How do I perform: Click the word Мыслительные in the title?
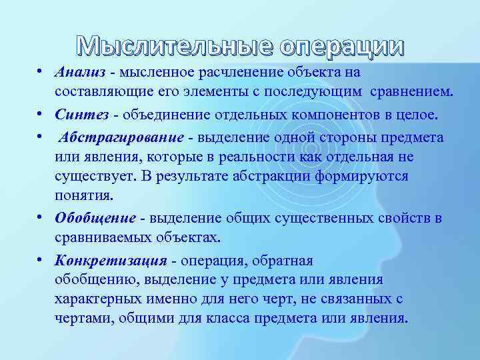point(175,45)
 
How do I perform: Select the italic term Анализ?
point(81,71)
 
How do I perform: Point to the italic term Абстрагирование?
point(121,137)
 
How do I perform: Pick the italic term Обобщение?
point(95,218)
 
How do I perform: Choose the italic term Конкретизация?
point(111,260)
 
